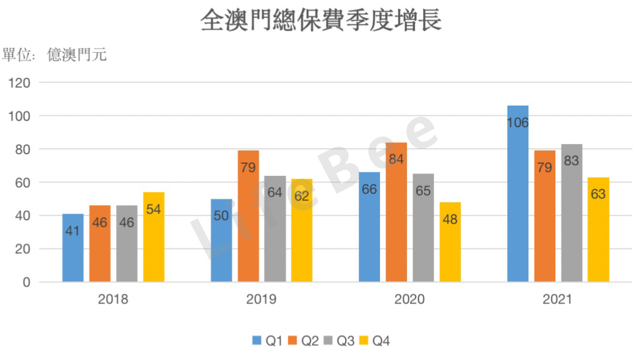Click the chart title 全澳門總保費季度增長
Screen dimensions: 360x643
[321, 19]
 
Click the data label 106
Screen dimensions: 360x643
[518, 123]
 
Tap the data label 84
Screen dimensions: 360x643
[396, 160]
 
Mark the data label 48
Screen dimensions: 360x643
[450, 220]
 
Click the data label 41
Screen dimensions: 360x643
[73, 230]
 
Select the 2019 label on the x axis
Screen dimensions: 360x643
[261, 299]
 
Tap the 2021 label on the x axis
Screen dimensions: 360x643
[558, 299]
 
